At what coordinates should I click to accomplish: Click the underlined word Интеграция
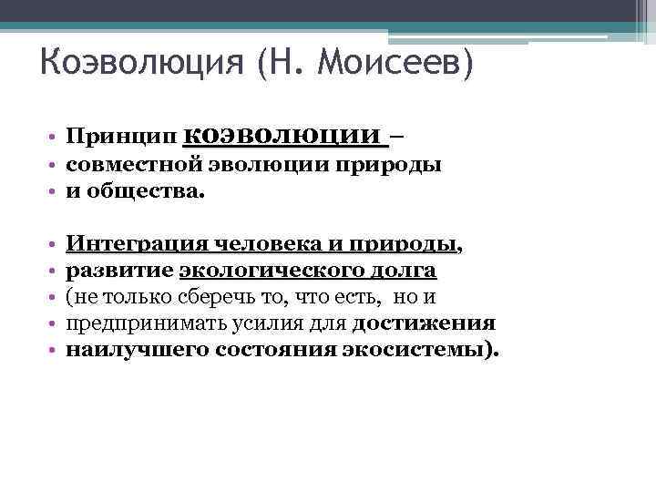136,244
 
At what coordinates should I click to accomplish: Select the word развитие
119,271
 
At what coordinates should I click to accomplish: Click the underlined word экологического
273,271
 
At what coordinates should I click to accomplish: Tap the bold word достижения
424,323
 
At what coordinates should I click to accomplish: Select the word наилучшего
137,350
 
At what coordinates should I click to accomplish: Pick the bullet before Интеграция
55,245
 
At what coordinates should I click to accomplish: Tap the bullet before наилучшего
55,351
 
